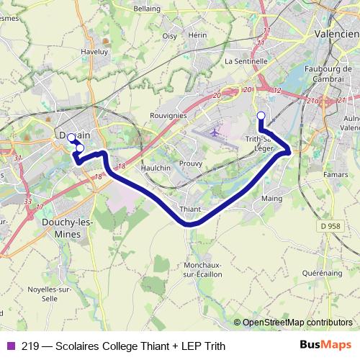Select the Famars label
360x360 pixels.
coord(334,174)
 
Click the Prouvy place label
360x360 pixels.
coord(191,163)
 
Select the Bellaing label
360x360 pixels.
coord(148,9)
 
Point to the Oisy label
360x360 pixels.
coord(169,35)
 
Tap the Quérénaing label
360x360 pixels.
coord(322,273)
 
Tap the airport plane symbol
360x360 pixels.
coord(215,133)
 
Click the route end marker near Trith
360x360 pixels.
coord(261,115)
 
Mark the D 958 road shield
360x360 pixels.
coord(330,225)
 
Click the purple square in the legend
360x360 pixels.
coord(11,346)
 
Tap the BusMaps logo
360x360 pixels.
coord(325,345)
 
